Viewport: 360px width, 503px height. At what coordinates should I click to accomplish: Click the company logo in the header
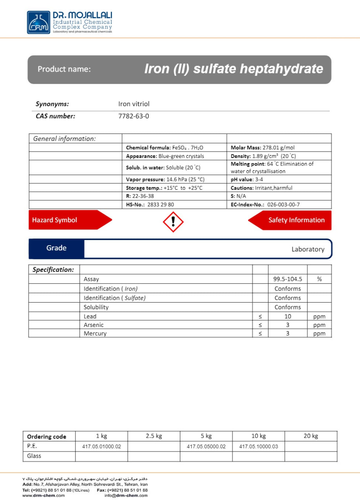pyautogui.click(x=38, y=22)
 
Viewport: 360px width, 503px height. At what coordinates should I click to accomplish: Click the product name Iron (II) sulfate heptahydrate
pyautogui.click(x=234, y=69)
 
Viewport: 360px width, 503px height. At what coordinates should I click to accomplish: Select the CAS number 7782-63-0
pyautogui.click(x=133, y=116)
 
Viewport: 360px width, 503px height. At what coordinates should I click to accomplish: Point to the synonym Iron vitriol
pyautogui.click(x=133, y=104)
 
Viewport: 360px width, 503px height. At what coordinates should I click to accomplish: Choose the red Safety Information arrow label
pyautogui.click(x=292, y=220)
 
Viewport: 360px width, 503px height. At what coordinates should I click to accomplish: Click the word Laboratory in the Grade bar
pyautogui.click(x=308, y=249)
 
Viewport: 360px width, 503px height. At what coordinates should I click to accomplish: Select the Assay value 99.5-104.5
pyautogui.click(x=287, y=279)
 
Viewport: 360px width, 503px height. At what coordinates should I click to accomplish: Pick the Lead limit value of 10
pyautogui.click(x=287, y=316)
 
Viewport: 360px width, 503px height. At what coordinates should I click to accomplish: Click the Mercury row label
pyautogui.click(x=95, y=334)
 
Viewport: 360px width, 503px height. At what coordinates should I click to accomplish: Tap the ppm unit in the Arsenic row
pyautogui.click(x=319, y=325)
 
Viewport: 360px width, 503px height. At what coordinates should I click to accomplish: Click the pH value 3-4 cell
pyautogui.click(x=247, y=179)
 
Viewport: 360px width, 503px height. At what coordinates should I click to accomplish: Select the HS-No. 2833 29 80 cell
pyautogui.click(x=150, y=204)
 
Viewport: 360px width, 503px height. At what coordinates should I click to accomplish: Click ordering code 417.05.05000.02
pyautogui.click(x=206, y=446)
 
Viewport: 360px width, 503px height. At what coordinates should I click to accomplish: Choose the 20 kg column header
pyautogui.click(x=311, y=436)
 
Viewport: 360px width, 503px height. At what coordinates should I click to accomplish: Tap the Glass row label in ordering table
pyautogui.click(x=34, y=456)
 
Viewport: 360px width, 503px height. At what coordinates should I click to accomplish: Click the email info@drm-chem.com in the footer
pyautogui.click(x=126, y=496)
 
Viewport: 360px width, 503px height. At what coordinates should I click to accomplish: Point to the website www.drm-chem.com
pyautogui.click(x=44, y=496)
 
